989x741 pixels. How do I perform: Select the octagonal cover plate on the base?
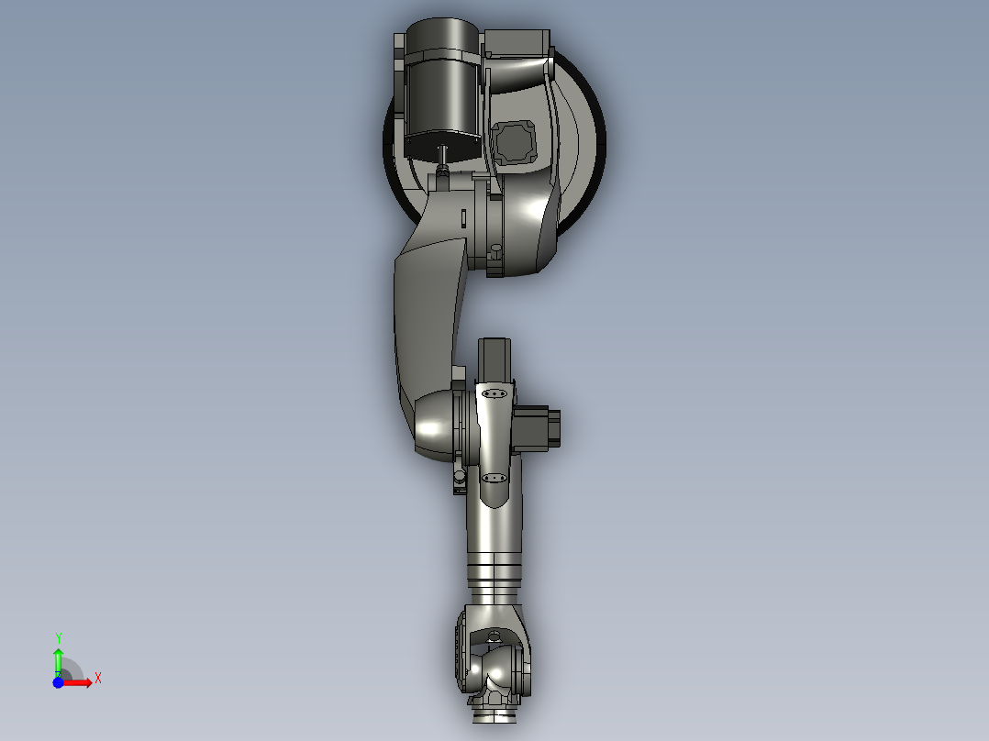click(514, 142)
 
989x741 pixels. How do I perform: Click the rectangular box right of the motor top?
click(517, 41)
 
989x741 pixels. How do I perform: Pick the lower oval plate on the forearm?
click(494, 478)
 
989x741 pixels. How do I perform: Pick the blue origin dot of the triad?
click(58, 682)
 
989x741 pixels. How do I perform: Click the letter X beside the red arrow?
click(97, 679)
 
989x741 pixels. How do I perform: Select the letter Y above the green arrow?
click(59, 637)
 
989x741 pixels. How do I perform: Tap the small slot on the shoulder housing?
click(464, 219)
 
